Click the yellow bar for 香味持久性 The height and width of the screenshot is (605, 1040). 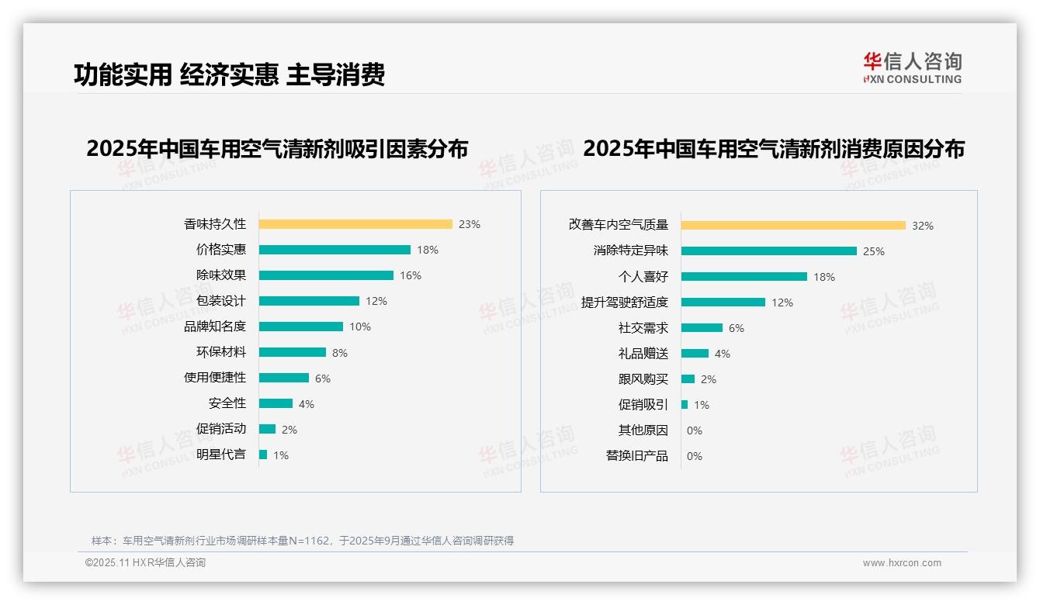[355, 224]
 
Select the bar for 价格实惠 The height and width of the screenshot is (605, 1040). [335, 250]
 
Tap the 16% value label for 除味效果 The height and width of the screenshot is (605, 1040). [411, 275]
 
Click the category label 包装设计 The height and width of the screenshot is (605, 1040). [220, 300]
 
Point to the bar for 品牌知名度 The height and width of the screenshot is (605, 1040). [301, 327]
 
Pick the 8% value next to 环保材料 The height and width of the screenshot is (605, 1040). [340, 353]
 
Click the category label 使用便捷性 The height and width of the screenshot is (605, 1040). [214, 377]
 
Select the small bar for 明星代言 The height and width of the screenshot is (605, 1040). [263, 455]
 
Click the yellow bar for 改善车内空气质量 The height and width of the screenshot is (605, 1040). [793, 226]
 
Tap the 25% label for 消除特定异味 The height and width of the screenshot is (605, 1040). [874, 251]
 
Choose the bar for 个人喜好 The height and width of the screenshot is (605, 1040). [744, 277]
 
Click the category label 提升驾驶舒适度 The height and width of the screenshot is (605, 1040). [624, 302]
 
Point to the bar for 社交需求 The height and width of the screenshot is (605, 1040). [702, 328]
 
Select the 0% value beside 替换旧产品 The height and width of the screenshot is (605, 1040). [695, 456]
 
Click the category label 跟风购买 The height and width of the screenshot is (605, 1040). [643, 379]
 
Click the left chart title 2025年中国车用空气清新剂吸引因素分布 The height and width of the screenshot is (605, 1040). [277, 149]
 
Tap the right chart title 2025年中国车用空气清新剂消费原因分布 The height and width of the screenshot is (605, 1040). [773, 149]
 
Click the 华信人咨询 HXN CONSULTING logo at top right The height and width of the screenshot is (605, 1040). [912, 68]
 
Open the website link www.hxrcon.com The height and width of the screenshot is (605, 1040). [902, 563]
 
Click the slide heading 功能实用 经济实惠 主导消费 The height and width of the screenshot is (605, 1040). [229, 74]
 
